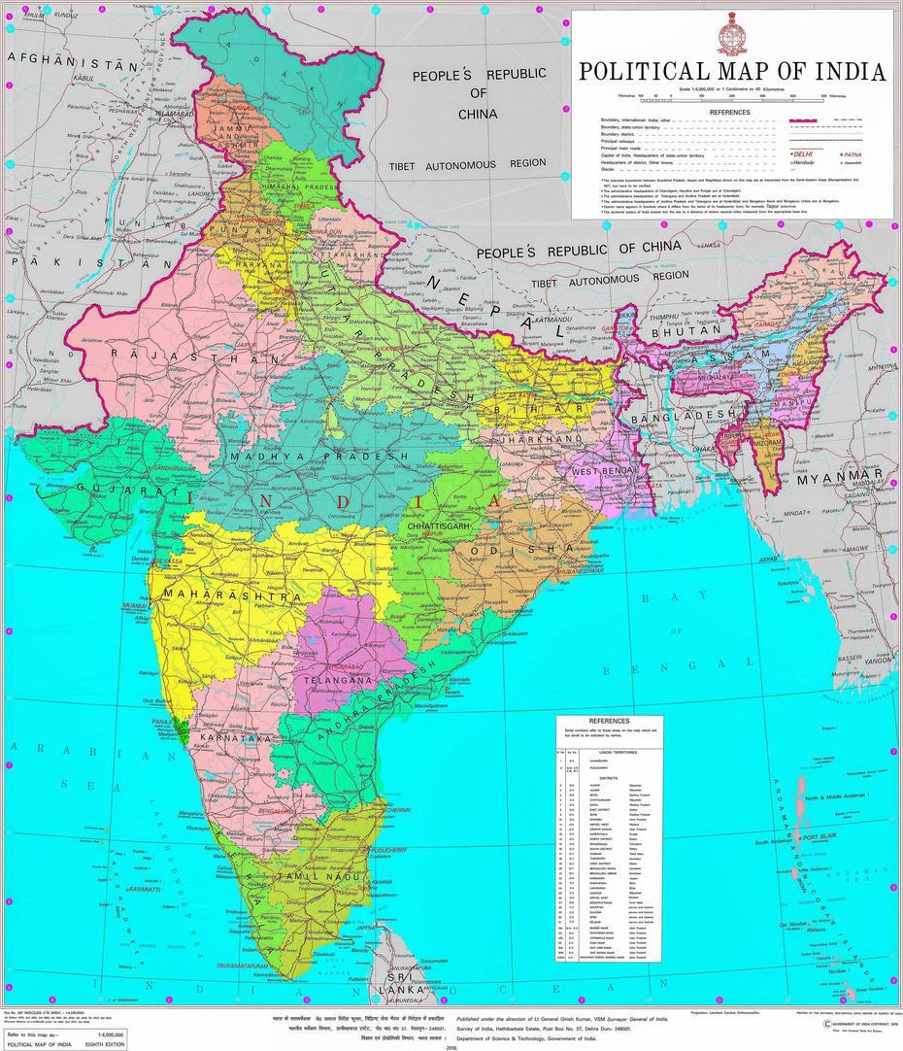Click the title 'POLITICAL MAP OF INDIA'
pyautogui.click(x=732, y=72)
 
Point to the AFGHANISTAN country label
pyautogui.click(x=73, y=62)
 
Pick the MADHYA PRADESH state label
pyautogui.click(x=320, y=456)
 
